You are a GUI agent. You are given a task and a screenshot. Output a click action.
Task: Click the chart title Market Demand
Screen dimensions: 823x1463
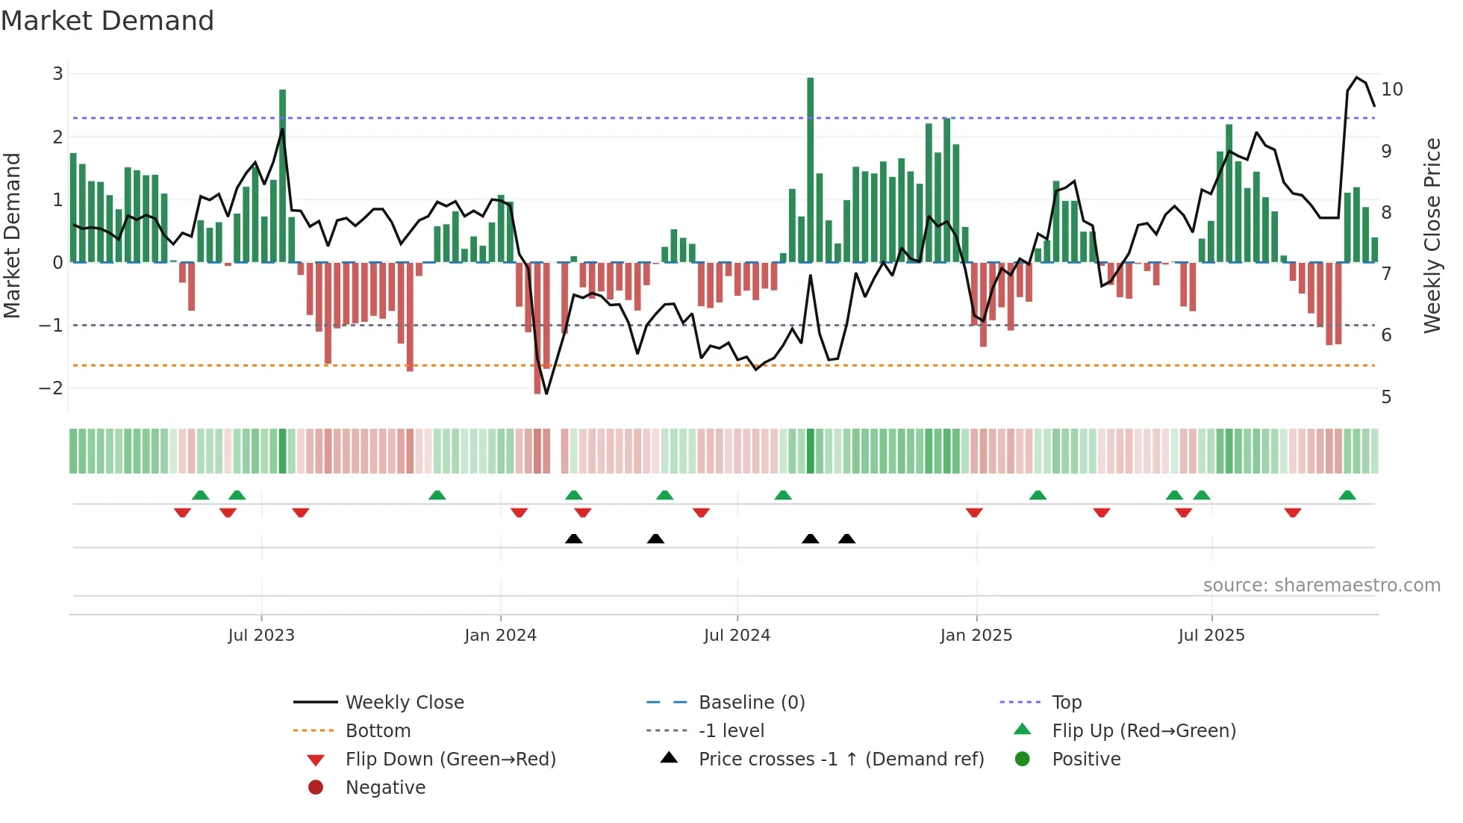pyautogui.click(x=107, y=21)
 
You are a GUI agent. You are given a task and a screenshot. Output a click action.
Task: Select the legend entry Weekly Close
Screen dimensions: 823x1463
pyautogui.click(x=404, y=703)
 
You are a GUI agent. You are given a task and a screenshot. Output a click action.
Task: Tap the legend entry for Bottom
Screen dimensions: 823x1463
pyautogui.click(x=378, y=731)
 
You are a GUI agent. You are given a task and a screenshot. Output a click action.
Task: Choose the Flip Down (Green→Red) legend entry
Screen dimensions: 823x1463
pyautogui.click(x=450, y=760)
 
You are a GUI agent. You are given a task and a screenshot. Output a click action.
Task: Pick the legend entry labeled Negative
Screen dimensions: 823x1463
pyautogui.click(x=385, y=788)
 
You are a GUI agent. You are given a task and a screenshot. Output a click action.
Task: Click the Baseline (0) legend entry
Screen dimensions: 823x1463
pyautogui.click(x=751, y=703)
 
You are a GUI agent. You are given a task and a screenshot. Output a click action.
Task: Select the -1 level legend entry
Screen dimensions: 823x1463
pyautogui.click(x=731, y=731)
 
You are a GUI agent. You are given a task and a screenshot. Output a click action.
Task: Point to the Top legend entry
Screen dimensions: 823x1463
pyautogui.click(x=1066, y=703)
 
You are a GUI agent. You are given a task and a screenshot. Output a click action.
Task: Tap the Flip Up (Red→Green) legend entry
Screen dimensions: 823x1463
pyautogui.click(x=1144, y=731)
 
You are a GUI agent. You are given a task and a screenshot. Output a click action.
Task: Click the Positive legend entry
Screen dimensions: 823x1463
pyautogui.click(x=1086, y=760)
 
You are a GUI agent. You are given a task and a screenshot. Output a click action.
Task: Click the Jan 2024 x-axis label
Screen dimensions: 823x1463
pyautogui.click(x=500, y=636)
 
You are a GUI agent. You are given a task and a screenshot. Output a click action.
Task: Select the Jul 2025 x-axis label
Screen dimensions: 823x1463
pyautogui.click(x=1211, y=636)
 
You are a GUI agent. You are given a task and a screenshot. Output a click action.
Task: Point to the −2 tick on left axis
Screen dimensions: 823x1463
pyautogui.click(x=51, y=388)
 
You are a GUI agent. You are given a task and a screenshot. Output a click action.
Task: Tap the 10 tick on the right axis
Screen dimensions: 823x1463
pyautogui.click(x=1391, y=90)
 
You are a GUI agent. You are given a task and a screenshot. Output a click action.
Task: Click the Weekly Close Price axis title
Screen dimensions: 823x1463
pyautogui.click(x=1432, y=235)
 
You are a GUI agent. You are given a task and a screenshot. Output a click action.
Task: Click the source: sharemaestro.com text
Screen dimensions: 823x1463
pyautogui.click(x=1321, y=586)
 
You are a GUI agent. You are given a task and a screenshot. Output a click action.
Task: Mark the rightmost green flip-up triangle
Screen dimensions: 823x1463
pyautogui.click(x=1347, y=495)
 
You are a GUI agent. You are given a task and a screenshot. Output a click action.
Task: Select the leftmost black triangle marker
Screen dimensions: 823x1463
pyautogui.click(x=573, y=538)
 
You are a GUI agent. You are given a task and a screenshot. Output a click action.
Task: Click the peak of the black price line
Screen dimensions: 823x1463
pyautogui.click(x=1357, y=78)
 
